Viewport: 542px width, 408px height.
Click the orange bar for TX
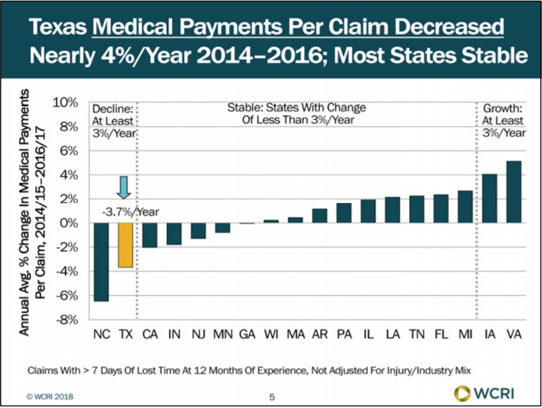coord(125,245)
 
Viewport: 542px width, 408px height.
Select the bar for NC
coord(101,262)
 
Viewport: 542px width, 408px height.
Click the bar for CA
coord(150,235)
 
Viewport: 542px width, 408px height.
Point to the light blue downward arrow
coord(124,187)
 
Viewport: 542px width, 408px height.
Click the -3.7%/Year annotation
coord(130,212)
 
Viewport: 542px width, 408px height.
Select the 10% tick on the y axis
coord(67,102)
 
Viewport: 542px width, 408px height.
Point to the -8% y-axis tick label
coord(67,320)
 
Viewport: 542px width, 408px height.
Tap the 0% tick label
coord(69,223)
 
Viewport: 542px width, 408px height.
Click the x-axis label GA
coord(247,335)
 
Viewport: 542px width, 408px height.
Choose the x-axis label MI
coord(466,335)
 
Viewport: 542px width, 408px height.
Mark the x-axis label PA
coord(345,335)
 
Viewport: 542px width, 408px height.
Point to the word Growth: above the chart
coord(502,108)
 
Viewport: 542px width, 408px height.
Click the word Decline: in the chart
coord(112,108)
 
